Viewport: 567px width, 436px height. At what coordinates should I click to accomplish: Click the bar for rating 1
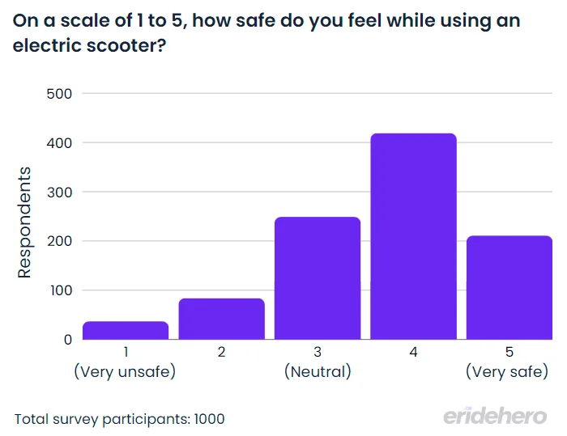[126, 330]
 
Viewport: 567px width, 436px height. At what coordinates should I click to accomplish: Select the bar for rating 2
[221, 319]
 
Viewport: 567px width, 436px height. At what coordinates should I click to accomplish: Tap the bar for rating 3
[318, 278]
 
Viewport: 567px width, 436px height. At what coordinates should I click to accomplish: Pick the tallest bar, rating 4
[413, 236]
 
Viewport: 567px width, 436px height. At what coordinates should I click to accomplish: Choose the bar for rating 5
[509, 287]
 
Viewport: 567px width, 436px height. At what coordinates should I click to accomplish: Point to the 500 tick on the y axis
[60, 94]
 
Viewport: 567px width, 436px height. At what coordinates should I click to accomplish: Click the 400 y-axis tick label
[60, 143]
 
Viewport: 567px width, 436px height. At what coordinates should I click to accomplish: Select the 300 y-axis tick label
[60, 193]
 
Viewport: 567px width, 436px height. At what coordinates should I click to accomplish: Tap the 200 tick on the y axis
[60, 241]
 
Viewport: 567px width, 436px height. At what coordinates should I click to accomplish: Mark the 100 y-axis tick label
[60, 290]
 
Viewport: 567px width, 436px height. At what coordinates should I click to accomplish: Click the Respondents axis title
[25, 222]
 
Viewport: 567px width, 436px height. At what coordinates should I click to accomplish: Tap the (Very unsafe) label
[125, 372]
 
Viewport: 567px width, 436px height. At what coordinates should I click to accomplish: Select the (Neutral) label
[318, 372]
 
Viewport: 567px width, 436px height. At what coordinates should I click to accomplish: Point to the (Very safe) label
[508, 372]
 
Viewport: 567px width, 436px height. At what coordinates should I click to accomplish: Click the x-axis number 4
[413, 352]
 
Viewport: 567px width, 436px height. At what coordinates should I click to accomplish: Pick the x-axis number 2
[221, 352]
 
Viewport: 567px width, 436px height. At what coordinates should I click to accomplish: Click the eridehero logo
[494, 416]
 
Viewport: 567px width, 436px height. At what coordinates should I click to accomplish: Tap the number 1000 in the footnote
[209, 419]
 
